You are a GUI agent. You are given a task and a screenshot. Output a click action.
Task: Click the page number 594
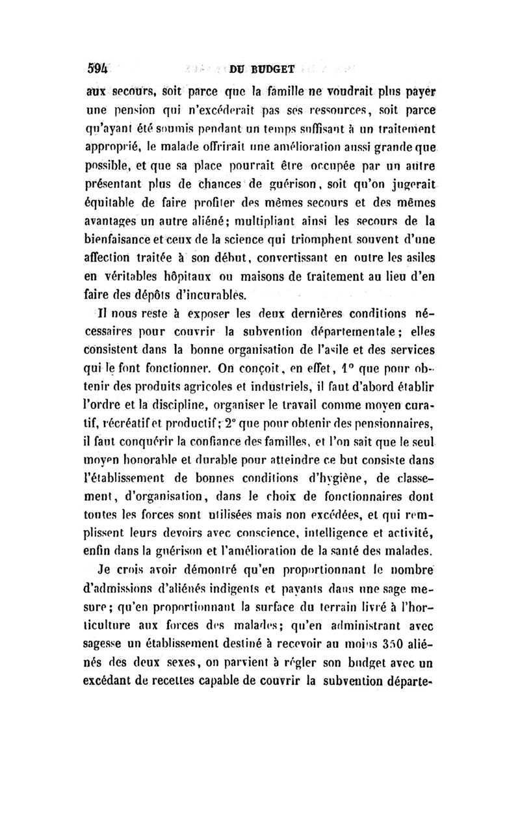(97, 67)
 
